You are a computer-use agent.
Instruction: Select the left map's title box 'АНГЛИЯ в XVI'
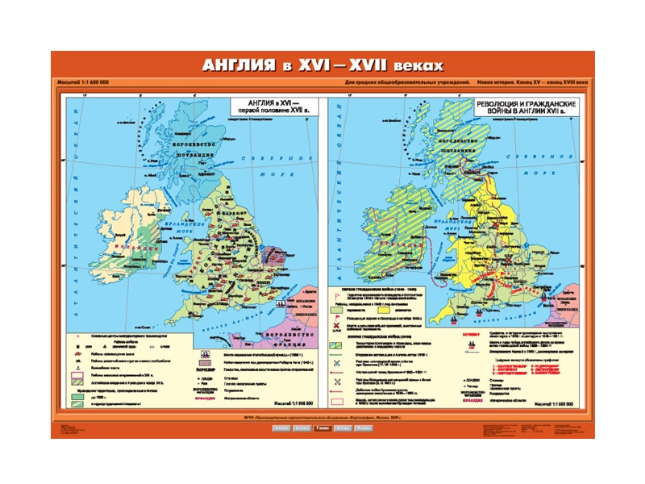click(x=269, y=108)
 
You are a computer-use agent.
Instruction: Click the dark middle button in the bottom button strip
click(x=322, y=428)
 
